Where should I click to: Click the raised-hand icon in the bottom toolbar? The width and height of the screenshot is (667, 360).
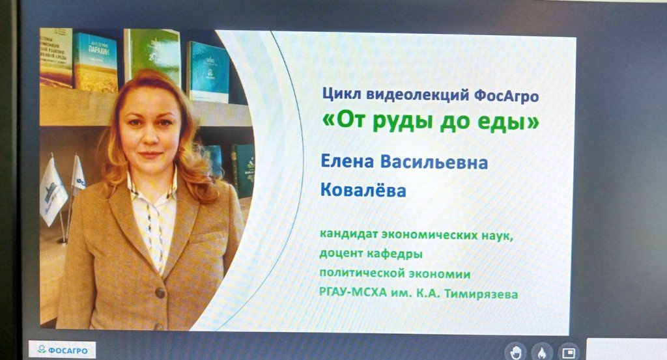click(515, 352)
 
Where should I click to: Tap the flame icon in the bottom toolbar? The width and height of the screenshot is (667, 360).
click(542, 352)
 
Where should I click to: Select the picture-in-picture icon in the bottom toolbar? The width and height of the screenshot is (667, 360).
click(568, 352)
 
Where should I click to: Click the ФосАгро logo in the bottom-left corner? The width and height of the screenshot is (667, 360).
click(63, 350)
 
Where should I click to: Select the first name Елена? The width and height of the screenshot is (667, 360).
click(347, 161)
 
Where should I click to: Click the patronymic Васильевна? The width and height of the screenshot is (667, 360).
click(433, 162)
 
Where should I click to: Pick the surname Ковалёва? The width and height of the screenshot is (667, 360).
click(363, 189)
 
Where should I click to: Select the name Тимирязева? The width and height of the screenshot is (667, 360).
click(481, 294)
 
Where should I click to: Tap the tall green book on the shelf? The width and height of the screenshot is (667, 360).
click(153, 57)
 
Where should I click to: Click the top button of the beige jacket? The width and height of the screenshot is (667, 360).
click(160, 292)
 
